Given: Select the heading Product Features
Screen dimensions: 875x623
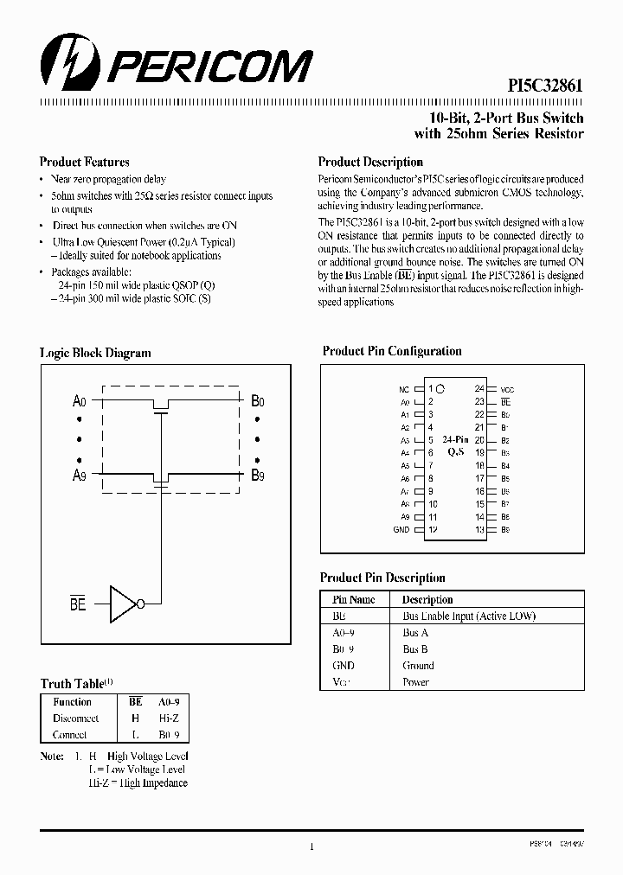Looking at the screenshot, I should tap(85, 162).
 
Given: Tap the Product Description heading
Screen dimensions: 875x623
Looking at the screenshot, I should tap(370, 162).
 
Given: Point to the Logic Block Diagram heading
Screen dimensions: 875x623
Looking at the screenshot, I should tap(95, 353).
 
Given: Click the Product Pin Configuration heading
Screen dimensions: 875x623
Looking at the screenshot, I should tap(392, 351).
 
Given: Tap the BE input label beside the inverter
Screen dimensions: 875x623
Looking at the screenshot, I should tap(78, 604).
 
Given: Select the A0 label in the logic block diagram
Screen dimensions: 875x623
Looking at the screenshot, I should tap(80, 401).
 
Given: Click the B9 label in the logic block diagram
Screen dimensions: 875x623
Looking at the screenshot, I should tap(258, 475).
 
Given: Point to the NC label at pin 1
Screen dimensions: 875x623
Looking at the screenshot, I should tap(403, 390).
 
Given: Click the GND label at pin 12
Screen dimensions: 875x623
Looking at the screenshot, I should tap(401, 529).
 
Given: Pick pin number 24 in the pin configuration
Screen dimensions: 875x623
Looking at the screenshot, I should tap(478, 389).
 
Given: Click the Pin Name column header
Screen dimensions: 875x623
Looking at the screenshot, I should tap(354, 599).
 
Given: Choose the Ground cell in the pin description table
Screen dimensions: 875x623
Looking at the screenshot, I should tap(418, 666).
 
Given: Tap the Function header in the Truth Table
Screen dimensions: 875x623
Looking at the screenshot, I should tap(72, 702).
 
